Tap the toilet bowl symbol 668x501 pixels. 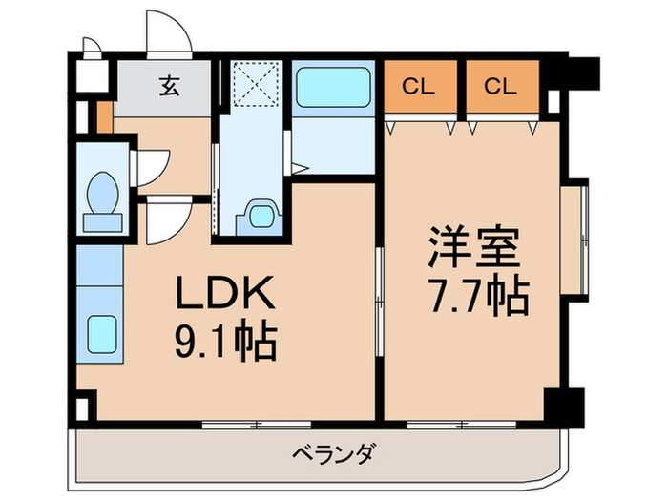pyautogui.click(x=101, y=198)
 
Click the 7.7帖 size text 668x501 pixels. pyautogui.click(x=474, y=298)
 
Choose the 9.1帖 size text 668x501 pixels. pyautogui.click(x=225, y=340)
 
